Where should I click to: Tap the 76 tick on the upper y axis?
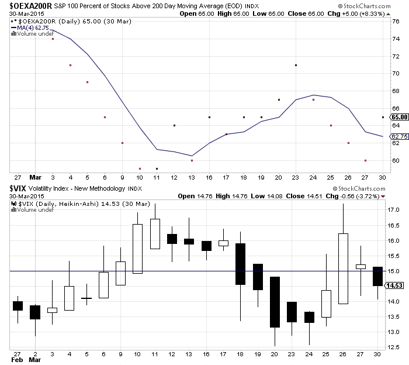coord(395,21)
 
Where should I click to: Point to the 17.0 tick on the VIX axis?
coord(394,210)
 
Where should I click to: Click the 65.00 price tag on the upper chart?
coord(395,117)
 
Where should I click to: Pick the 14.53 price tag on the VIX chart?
coord(395,285)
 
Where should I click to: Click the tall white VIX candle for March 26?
coord(342,268)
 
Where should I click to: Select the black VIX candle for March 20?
coord(275,302)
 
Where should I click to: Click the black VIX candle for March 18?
coord(240,264)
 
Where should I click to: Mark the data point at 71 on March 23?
coord(296,65)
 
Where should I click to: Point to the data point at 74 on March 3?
coord(53,39)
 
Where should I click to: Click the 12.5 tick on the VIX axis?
coord(394,347)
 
